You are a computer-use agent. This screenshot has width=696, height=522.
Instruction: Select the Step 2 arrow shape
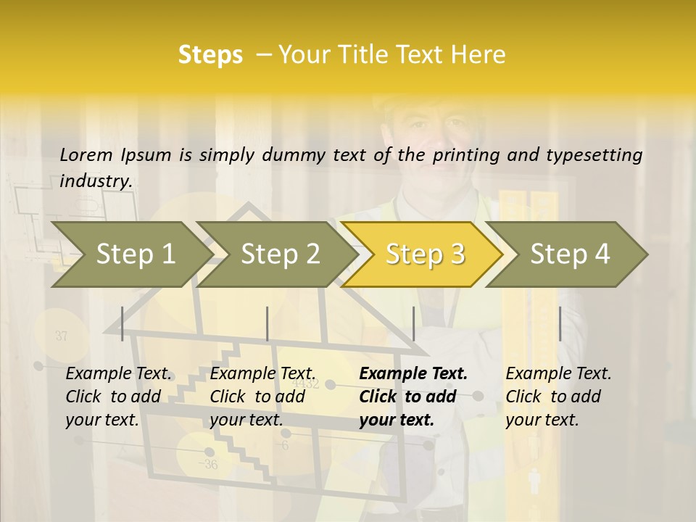[x=279, y=254]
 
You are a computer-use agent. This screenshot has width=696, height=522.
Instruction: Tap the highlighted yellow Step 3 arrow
[x=424, y=254]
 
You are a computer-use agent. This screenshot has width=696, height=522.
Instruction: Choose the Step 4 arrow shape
[x=570, y=254]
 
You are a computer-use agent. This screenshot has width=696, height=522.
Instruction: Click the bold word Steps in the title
[x=210, y=55]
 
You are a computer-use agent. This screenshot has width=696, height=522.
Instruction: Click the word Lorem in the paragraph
[x=86, y=154]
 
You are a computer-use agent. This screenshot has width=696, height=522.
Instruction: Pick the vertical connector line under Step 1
[x=123, y=323]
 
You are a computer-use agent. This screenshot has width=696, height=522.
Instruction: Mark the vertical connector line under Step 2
[x=268, y=323]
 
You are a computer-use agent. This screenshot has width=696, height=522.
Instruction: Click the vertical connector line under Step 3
[x=414, y=323]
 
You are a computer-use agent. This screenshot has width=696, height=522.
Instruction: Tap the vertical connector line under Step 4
[x=560, y=323]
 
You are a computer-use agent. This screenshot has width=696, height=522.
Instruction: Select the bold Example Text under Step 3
[x=413, y=374]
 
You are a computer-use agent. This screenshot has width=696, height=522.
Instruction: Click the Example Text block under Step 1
[x=118, y=397]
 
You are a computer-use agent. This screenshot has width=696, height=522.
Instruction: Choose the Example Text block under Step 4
[x=558, y=397]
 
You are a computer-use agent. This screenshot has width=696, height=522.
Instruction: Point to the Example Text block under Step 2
[x=262, y=397]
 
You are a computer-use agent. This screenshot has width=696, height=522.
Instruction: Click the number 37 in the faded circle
[x=61, y=336]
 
